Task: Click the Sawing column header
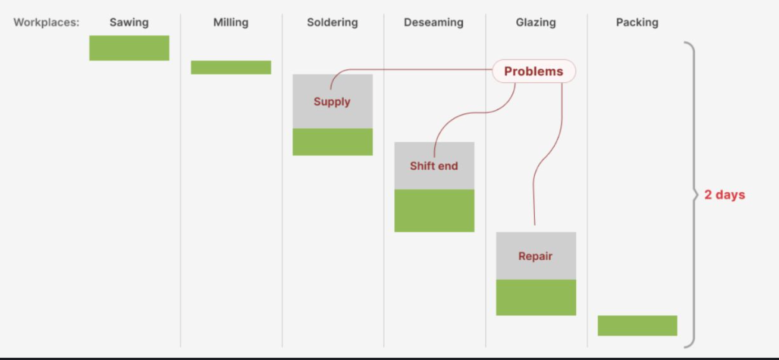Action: click(x=129, y=22)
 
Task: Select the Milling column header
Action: click(x=231, y=22)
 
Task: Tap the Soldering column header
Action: click(x=332, y=22)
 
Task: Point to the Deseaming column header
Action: click(x=434, y=22)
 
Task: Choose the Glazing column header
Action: click(x=536, y=22)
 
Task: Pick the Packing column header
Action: click(x=637, y=22)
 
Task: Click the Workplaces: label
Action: click(x=47, y=22)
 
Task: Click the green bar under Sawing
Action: click(x=129, y=48)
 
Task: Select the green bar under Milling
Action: click(x=231, y=67)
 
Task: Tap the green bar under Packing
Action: click(x=637, y=326)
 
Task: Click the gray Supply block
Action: click(x=332, y=102)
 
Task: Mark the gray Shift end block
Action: click(x=434, y=166)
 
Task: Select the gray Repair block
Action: click(x=536, y=256)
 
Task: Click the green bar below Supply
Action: click(x=332, y=142)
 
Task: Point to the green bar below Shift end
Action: click(x=434, y=211)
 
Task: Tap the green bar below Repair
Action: click(x=536, y=297)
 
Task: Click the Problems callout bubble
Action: click(x=534, y=71)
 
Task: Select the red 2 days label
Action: click(x=724, y=195)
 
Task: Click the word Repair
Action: click(x=535, y=256)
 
